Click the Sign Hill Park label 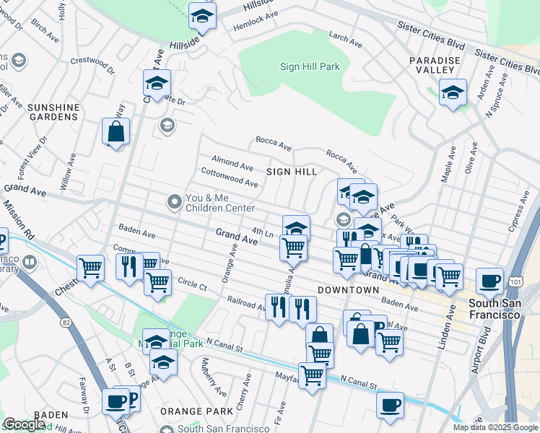click(310, 66)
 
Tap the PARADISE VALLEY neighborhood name click(432, 65)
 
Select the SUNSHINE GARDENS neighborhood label click(53, 112)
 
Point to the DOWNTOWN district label click(348, 289)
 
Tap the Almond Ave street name click(232, 161)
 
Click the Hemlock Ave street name click(256, 20)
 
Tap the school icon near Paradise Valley click(453, 93)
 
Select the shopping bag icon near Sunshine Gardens click(116, 132)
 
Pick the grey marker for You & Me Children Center click(174, 204)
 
